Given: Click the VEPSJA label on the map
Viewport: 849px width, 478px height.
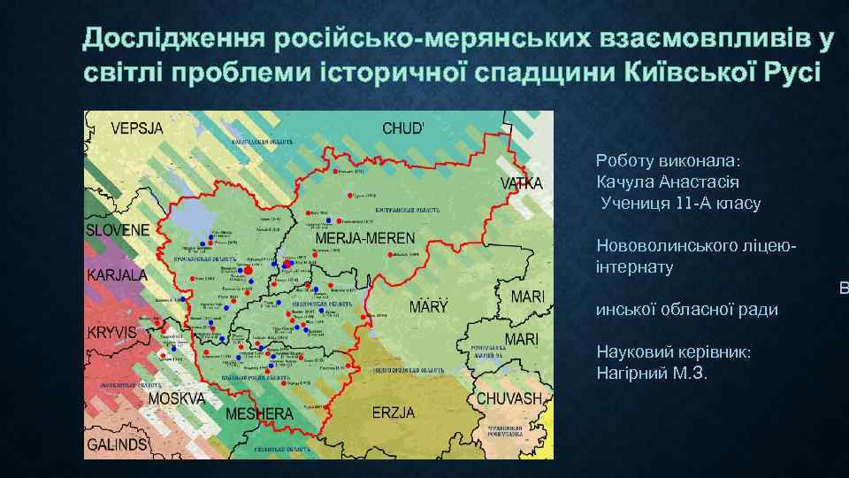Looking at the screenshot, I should tap(138, 127).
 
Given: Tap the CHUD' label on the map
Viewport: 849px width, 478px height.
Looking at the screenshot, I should tap(403, 127).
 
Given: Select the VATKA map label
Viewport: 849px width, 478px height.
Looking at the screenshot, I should tap(522, 184).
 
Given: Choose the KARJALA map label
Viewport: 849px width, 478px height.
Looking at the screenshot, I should tap(117, 274).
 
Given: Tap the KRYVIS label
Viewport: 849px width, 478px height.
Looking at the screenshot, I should tap(111, 334).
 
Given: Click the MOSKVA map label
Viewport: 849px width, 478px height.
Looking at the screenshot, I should tap(176, 398).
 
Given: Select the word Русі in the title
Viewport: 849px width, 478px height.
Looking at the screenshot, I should tap(790, 72).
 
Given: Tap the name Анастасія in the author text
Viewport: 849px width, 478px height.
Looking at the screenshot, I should tap(699, 182).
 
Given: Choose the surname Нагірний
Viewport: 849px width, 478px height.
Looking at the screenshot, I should tap(630, 373).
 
